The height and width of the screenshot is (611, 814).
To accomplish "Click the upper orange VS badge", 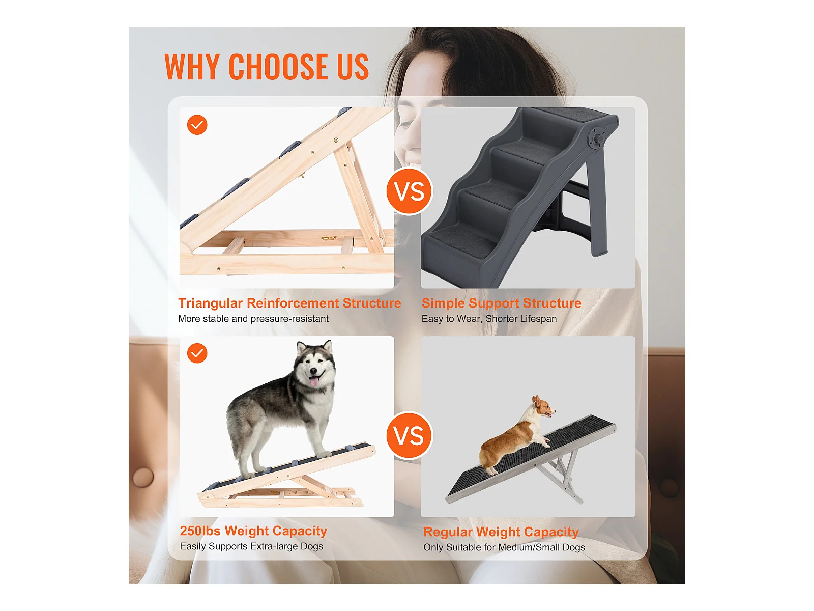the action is (409, 191).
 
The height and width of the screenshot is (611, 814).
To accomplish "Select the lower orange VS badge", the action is (409, 435).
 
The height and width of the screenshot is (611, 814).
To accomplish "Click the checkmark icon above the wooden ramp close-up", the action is (197, 125).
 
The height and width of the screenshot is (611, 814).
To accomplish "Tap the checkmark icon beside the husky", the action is (197, 353).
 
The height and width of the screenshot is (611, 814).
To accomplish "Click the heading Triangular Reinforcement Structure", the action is (289, 303).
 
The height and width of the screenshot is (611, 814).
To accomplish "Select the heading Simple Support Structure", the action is (502, 303).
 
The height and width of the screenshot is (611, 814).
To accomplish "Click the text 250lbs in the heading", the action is (200, 531).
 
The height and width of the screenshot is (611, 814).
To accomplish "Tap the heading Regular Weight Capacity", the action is (501, 532).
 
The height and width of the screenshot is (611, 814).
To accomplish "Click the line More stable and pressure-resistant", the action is (253, 319).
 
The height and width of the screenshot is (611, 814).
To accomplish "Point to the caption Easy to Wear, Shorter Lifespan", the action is (489, 319).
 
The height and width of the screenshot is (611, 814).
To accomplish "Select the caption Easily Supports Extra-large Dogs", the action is (251, 546).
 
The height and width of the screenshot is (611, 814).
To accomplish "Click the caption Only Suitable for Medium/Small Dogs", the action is (504, 547).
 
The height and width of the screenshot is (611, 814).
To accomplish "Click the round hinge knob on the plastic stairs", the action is (597, 138).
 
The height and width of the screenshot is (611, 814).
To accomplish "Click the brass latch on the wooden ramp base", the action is (329, 238).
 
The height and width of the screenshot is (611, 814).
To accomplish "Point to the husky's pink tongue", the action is (314, 381).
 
